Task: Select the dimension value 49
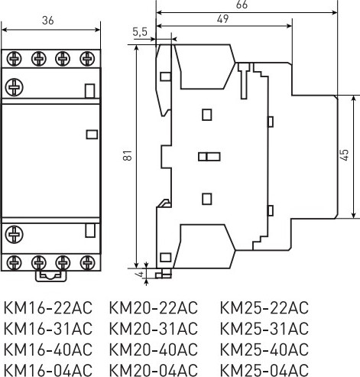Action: point(222,21)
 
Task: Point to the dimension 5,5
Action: point(140,32)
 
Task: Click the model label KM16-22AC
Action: point(48,308)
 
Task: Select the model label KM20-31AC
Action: point(154,329)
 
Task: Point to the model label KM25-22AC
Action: point(264,308)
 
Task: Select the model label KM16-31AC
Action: point(48,329)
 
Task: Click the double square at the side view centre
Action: point(208,157)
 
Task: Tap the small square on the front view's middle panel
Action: point(92,135)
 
